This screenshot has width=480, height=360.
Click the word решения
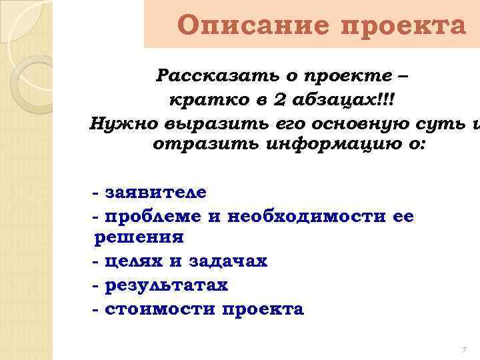point(139,238)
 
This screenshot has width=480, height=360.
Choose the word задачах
point(228,261)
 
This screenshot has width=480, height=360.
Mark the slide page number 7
point(463,351)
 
